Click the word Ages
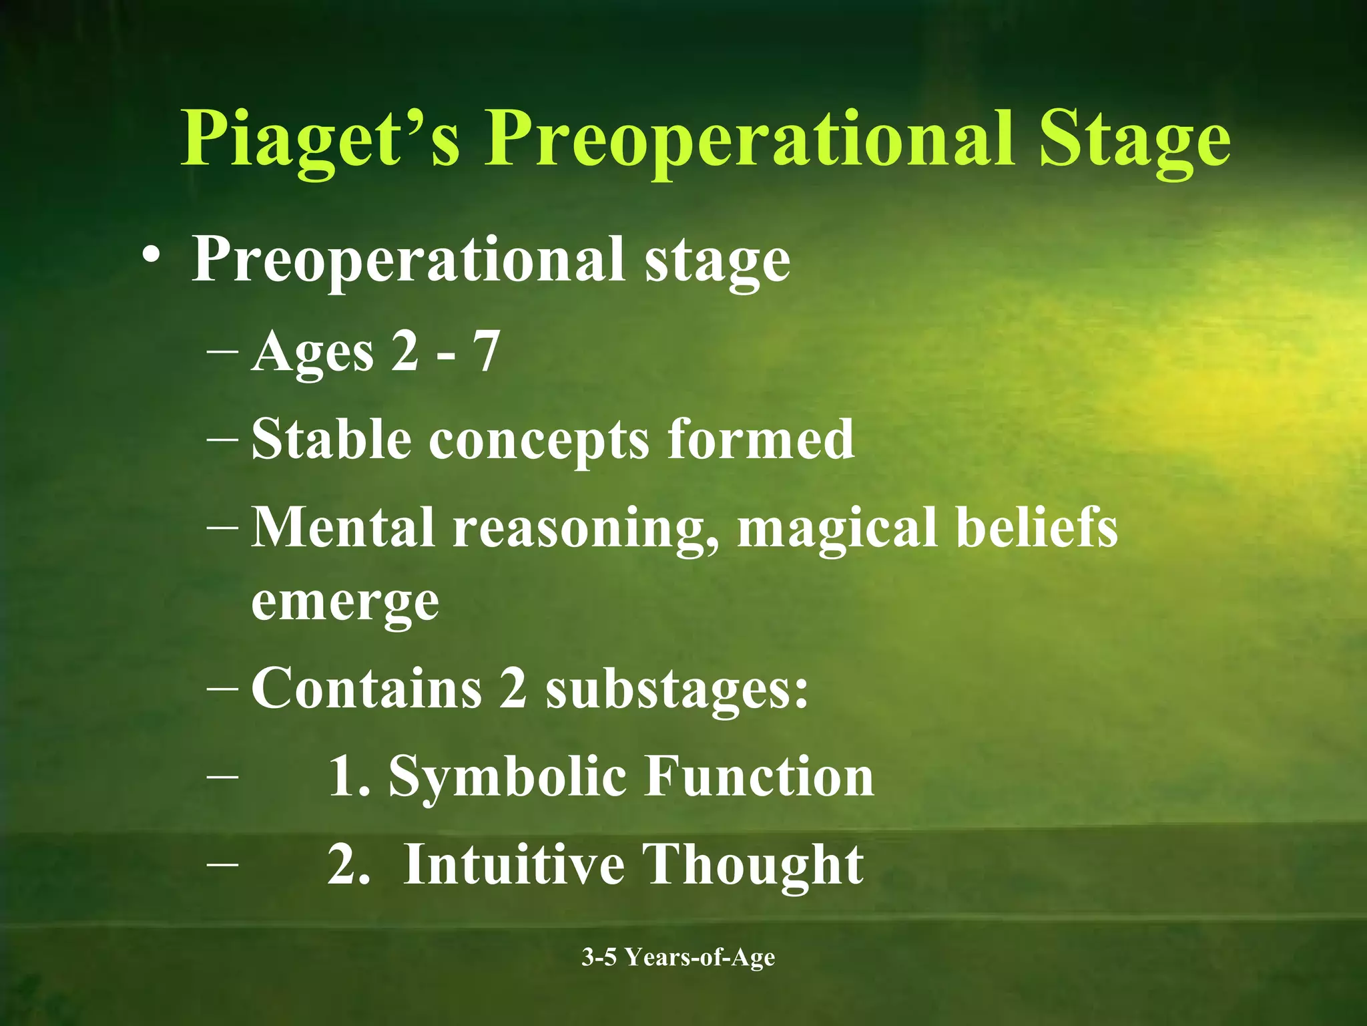click(x=312, y=353)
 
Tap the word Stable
click(x=331, y=439)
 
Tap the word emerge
click(x=345, y=603)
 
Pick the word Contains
click(x=366, y=688)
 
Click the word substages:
click(x=677, y=689)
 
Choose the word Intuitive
click(x=514, y=864)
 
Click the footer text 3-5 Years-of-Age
click(x=678, y=957)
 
